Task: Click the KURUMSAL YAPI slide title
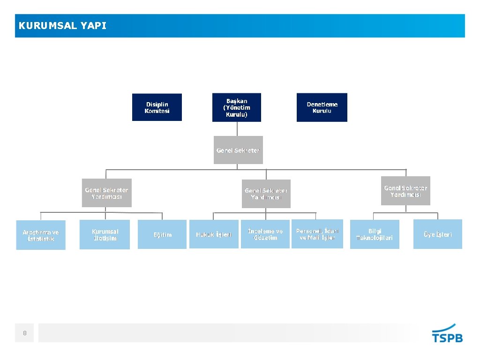(63, 26)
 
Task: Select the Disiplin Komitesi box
(157, 107)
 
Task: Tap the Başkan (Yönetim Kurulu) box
(237, 107)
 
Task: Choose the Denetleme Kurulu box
(322, 107)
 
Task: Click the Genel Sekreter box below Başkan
(238, 150)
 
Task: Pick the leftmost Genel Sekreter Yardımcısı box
(106, 193)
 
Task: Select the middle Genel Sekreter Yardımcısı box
(266, 194)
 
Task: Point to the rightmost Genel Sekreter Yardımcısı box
(405, 191)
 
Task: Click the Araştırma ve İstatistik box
(41, 235)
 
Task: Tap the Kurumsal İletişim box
(105, 234)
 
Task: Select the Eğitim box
(162, 234)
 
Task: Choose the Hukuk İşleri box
(214, 234)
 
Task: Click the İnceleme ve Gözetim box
(265, 234)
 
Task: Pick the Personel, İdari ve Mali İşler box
(317, 234)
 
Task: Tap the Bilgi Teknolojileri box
(375, 234)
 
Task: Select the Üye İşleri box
(437, 234)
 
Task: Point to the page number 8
(24, 333)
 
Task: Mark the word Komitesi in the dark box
(157, 111)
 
